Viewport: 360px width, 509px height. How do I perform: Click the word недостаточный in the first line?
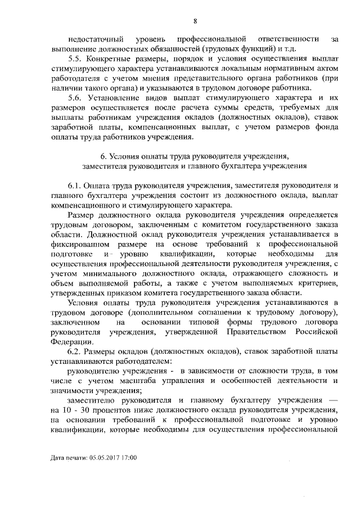94,39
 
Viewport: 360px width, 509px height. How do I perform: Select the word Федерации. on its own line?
69,341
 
